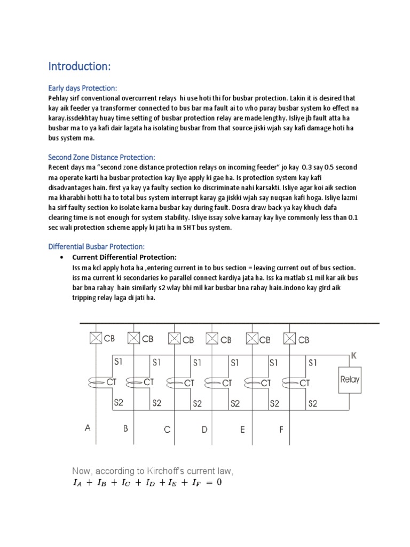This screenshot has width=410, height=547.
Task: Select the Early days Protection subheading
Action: coord(82,88)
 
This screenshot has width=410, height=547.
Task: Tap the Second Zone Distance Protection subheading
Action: coord(101,157)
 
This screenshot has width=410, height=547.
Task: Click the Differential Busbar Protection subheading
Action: coord(97,246)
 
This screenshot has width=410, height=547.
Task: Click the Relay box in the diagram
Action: coord(350,380)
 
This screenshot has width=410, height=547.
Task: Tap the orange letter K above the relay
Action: coord(352,355)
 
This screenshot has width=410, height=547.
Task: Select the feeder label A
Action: coord(88,427)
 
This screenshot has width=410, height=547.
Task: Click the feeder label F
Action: coord(281,428)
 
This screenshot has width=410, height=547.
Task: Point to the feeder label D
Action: coord(204,428)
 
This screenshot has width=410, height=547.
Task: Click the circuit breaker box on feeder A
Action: coord(96,338)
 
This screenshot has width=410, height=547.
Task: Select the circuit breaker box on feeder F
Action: coord(290,338)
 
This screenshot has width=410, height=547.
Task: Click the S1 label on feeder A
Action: coord(119,362)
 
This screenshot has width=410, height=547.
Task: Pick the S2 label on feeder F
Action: coord(313,403)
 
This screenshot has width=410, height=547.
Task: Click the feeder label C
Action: coord(167,429)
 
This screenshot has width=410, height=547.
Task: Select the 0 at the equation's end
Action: coord(218,482)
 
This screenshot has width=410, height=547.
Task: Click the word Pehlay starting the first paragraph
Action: coord(59,98)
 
